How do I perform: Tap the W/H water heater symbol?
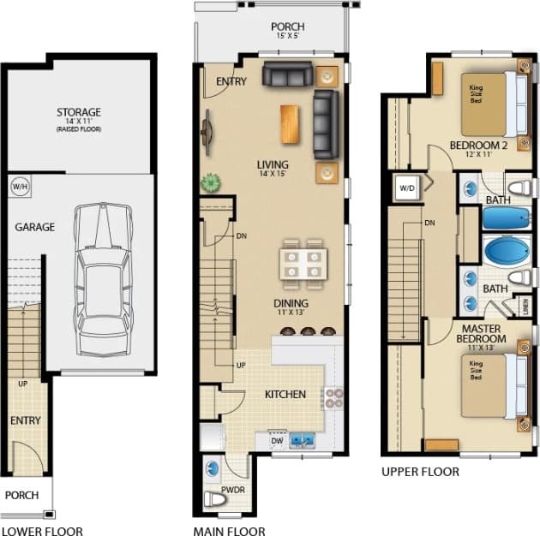(x=19, y=186)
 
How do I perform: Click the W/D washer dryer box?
(x=405, y=187)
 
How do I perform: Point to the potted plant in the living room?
(x=209, y=182)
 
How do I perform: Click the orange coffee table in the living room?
(x=291, y=123)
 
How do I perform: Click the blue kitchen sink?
(x=302, y=440)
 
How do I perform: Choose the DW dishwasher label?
(x=277, y=441)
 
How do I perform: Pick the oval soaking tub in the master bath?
(x=496, y=253)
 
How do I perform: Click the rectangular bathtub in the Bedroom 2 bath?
(x=495, y=217)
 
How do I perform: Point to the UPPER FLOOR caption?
(x=420, y=472)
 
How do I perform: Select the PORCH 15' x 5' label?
(x=287, y=31)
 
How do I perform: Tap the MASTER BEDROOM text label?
(x=483, y=334)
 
